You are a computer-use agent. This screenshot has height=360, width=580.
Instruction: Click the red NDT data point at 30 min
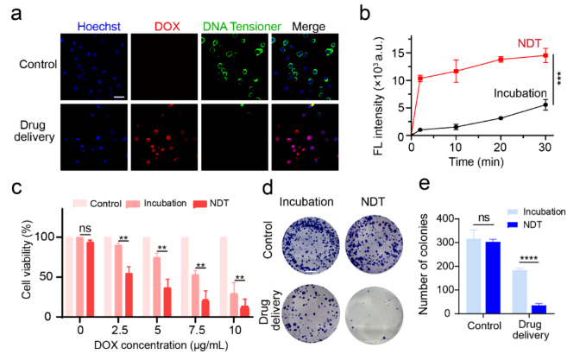tap(545, 55)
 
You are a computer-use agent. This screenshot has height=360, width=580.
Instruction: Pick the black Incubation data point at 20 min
tap(501, 118)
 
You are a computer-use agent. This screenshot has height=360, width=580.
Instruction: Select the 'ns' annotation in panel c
tap(85, 229)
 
